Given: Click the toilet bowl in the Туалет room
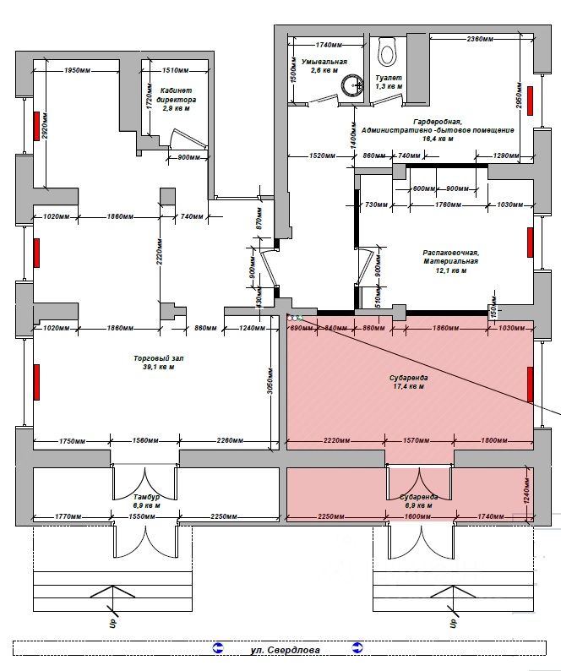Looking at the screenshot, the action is (x=388, y=52).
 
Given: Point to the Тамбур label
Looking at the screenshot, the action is (x=146, y=501).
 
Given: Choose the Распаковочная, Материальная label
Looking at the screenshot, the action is (x=451, y=262).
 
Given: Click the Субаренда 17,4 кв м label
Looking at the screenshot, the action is (x=409, y=382).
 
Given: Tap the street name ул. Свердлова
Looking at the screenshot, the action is (x=285, y=650).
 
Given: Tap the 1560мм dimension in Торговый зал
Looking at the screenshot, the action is (x=145, y=440).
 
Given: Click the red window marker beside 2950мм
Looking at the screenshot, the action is (x=530, y=99).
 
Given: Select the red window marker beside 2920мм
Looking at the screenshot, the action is (x=36, y=125).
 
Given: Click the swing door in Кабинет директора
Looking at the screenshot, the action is (x=181, y=139).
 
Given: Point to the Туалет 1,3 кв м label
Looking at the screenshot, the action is (x=389, y=81).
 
